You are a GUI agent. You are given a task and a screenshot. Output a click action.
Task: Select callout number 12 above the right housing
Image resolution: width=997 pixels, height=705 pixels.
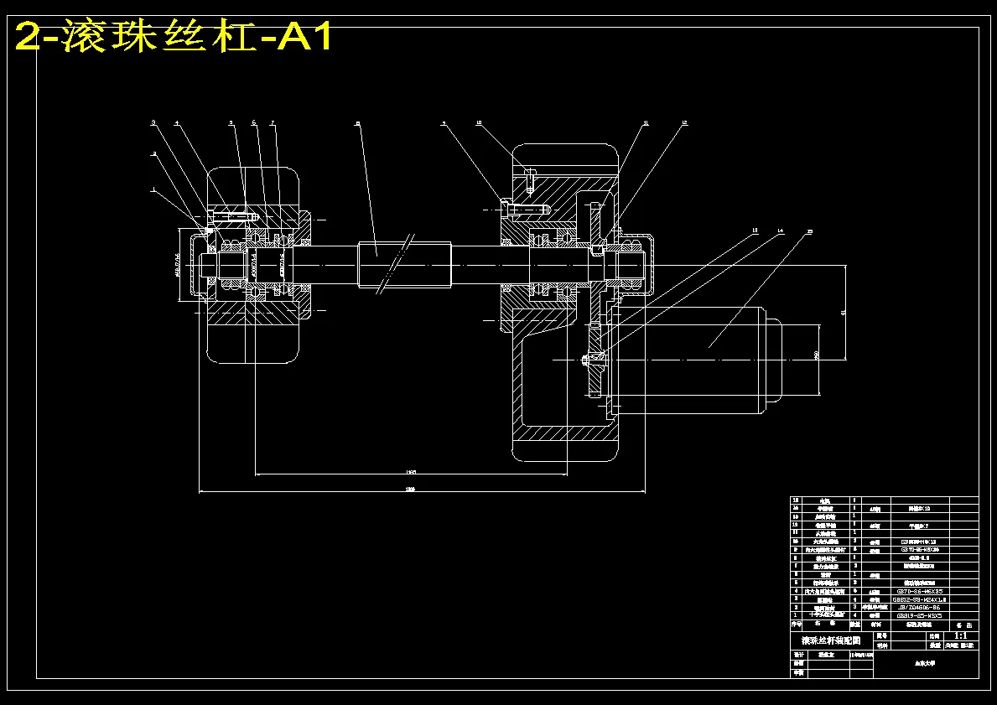coord(684,123)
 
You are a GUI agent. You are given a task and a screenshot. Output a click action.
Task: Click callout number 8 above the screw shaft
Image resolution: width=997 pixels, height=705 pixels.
coord(357,123)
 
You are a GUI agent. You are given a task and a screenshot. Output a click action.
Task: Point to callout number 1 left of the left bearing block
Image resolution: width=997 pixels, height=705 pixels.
coord(153,189)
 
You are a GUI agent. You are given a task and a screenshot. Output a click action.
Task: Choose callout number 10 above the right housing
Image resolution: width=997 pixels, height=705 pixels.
coord(479,123)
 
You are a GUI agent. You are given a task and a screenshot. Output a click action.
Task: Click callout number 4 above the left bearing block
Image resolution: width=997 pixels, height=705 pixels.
coord(177,123)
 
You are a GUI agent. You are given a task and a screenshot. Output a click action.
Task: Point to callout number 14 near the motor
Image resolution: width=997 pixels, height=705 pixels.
coord(781,230)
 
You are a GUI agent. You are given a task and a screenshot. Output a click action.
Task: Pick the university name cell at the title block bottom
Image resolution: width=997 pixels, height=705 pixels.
coord(925,662)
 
